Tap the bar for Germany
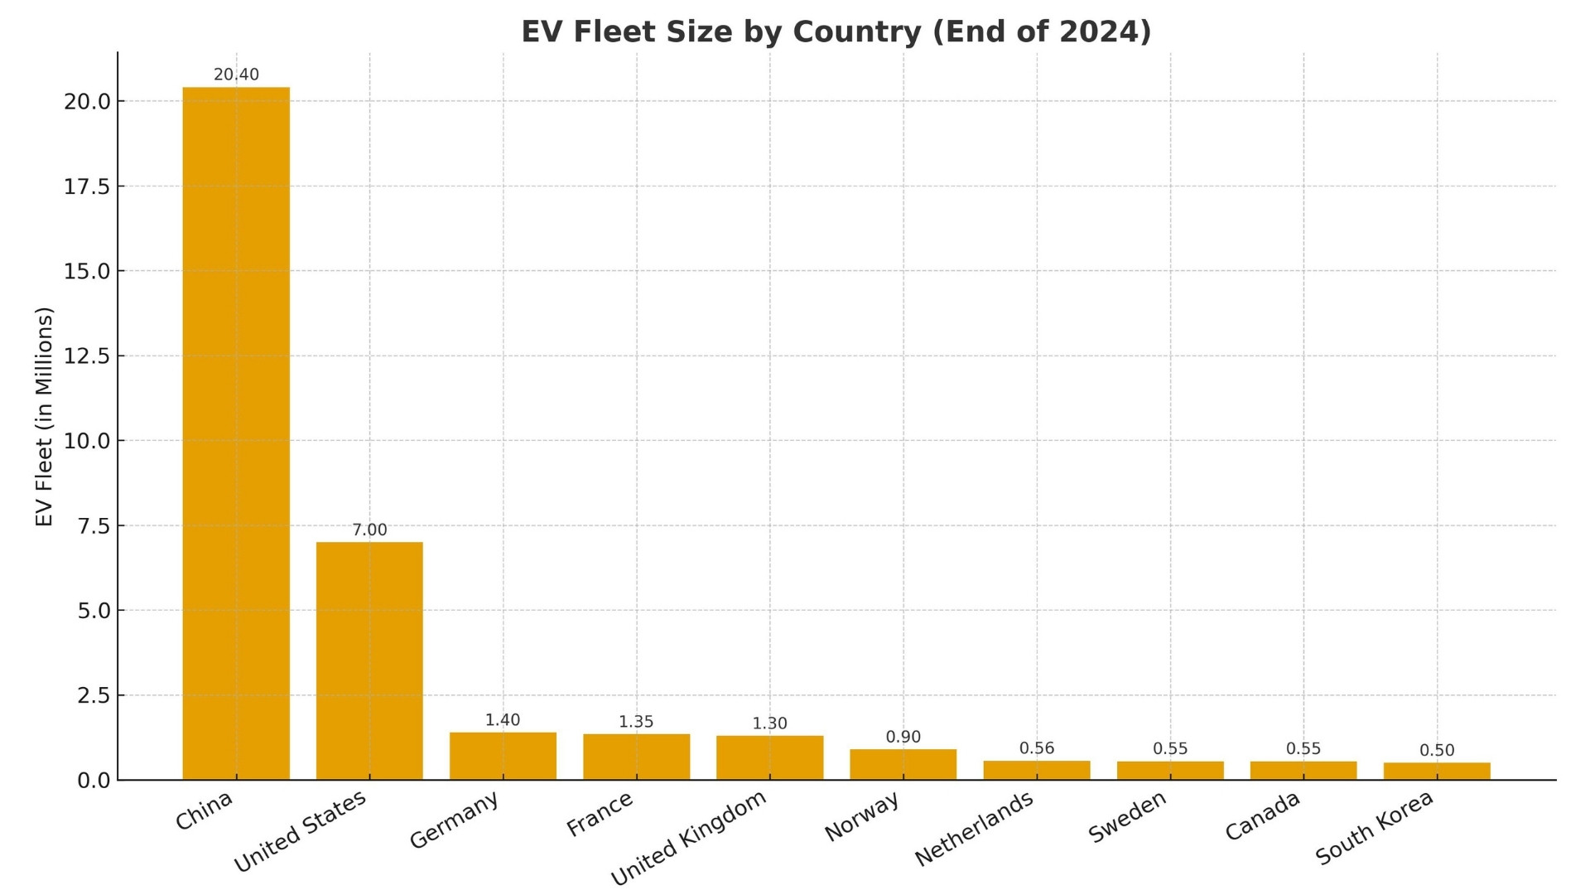click(503, 756)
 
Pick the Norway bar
click(903, 764)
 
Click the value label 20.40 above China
click(236, 75)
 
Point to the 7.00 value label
click(369, 530)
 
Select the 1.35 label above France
click(636, 722)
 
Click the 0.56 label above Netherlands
click(1037, 748)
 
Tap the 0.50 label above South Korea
click(1437, 751)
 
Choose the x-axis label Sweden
click(1127, 816)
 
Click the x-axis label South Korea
click(1374, 828)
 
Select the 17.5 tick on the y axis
click(87, 187)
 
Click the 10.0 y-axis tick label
click(87, 442)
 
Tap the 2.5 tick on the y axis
click(93, 696)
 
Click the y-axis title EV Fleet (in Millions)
click(45, 416)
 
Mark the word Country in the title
click(856, 31)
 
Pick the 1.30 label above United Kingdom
click(769, 723)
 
